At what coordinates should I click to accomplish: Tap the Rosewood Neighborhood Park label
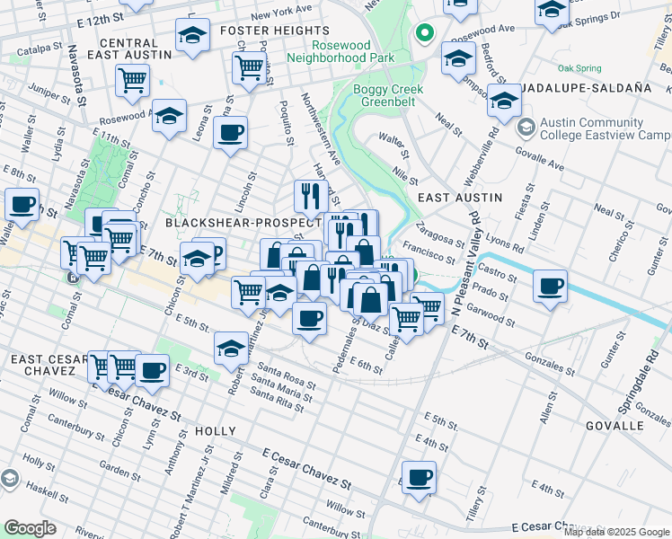coord(340,51)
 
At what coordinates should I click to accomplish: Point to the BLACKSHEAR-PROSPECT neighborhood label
coord(243,222)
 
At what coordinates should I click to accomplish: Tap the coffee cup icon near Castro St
coord(550,287)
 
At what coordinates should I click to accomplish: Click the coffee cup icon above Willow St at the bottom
coord(418,477)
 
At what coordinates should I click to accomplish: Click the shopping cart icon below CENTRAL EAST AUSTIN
coord(132,80)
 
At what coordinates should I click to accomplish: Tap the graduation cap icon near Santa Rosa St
coord(231,348)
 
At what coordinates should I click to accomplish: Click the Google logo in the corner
coord(30,528)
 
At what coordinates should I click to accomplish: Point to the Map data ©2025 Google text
coord(617,532)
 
